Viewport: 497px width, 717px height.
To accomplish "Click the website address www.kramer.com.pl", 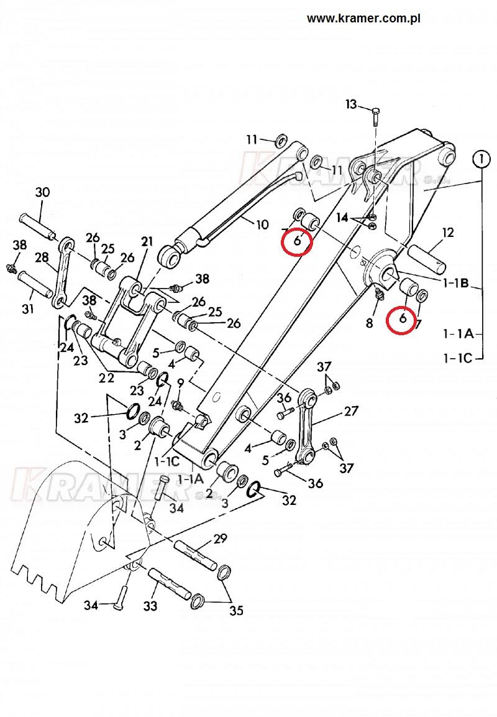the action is [x=363, y=19].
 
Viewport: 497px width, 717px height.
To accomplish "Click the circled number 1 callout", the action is [x=481, y=160].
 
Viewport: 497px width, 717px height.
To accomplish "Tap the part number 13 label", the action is [x=351, y=104].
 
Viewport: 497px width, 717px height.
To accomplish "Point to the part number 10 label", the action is [x=262, y=224].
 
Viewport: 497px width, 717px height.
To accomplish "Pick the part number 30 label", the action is [x=42, y=192].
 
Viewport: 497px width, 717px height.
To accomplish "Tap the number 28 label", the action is [x=42, y=257].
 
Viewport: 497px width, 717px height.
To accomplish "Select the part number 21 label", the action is [x=147, y=241].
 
